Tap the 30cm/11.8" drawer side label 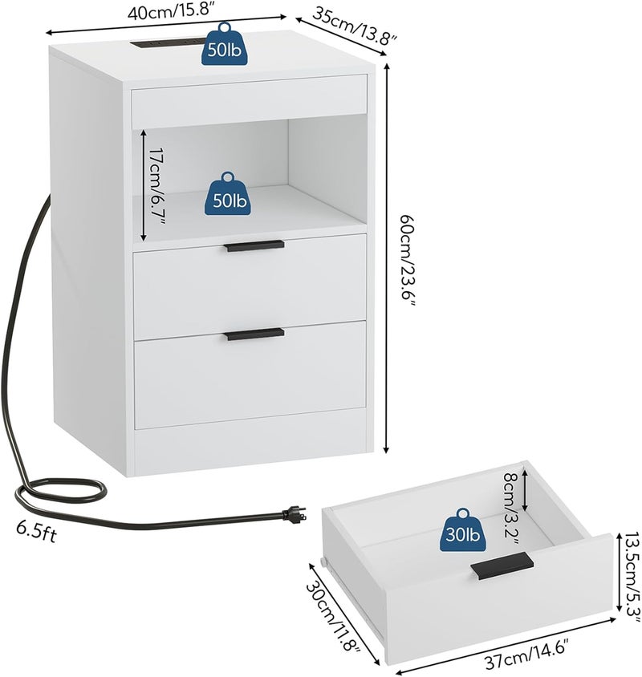pyautogui.click(x=333, y=618)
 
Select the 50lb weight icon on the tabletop pyautogui.click(x=224, y=44)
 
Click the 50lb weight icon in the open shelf pyautogui.click(x=227, y=194)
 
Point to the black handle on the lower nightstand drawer pyautogui.click(x=255, y=334)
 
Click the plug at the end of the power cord pyautogui.click(x=294, y=514)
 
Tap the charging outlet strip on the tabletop pyautogui.click(x=167, y=43)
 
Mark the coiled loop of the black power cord pyautogui.click(x=60, y=493)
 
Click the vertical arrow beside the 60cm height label pyautogui.click(x=387, y=258)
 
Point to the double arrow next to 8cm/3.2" pyautogui.click(x=526, y=490)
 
